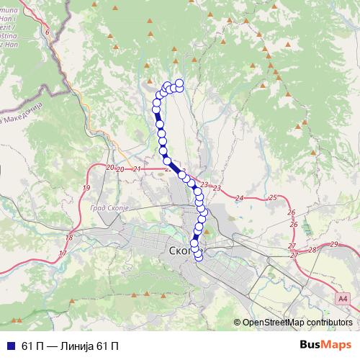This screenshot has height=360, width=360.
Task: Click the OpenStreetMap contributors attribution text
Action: pyautogui.click(x=297, y=323)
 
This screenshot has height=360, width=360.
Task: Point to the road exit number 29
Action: pyautogui.click(x=334, y=245)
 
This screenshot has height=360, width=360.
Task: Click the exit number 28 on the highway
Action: pyautogui.click(x=312, y=250)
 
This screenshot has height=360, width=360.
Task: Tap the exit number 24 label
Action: pyautogui.click(x=240, y=197)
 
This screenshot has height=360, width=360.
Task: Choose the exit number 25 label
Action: pyautogui.click(x=271, y=197)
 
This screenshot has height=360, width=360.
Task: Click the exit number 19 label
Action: pyautogui.click(x=86, y=188)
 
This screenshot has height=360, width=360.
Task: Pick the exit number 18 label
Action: pyautogui.click(x=69, y=238)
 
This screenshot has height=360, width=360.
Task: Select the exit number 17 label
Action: pyautogui.click(x=63, y=253)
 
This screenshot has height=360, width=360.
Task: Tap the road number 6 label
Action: pyautogui.click(x=48, y=32)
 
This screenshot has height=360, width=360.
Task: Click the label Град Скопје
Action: pyautogui.click(x=109, y=207)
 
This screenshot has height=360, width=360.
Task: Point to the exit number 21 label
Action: pyautogui.click(x=137, y=169)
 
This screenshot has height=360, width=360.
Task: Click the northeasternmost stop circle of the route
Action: pyautogui.click(x=179, y=84)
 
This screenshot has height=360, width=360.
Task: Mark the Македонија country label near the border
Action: pyautogui.click(x=25, y=108)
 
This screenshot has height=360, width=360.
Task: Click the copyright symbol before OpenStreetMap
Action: pyautogui.click(x=238, y=323)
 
